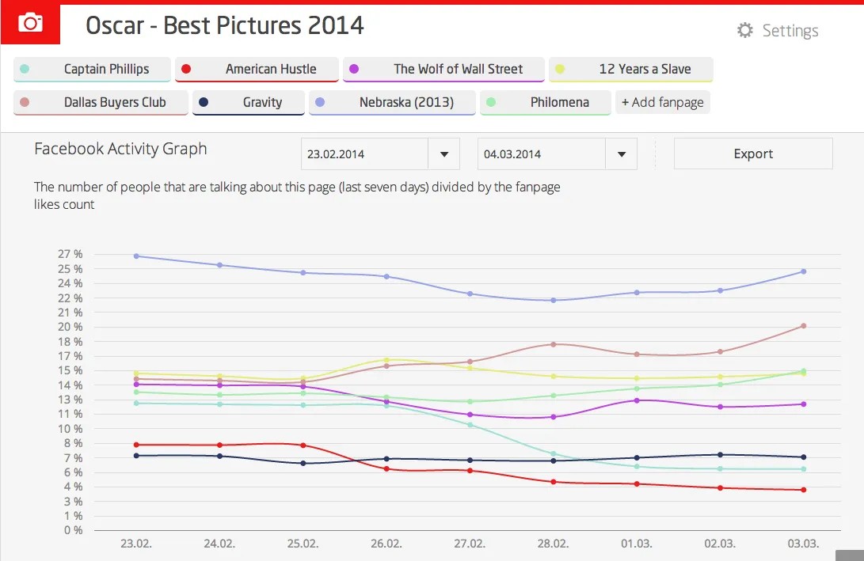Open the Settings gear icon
click(x=744, y=31)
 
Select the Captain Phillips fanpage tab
click(x=92, y=69)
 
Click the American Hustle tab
click(x=257, y=69)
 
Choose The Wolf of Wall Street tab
click(x=443, y=69)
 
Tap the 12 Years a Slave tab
click(x=631, y=69)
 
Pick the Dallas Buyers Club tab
click(x=101, y=102)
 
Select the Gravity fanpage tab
click(x=249, y=102)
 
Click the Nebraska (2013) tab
click(x=393, y=102)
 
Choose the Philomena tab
click(x=546, y=102)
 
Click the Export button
click(x=753, y=154)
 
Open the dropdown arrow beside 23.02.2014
click(x=443, y=154)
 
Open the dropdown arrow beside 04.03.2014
click(x=621, y=154)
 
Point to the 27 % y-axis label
click(x=70, y=255)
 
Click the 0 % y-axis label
click(x=73, y=530)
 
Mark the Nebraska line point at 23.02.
click(x=136, y=256)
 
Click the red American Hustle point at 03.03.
click(x=803, y=490)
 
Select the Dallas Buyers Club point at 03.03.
click(x=803, y=325)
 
